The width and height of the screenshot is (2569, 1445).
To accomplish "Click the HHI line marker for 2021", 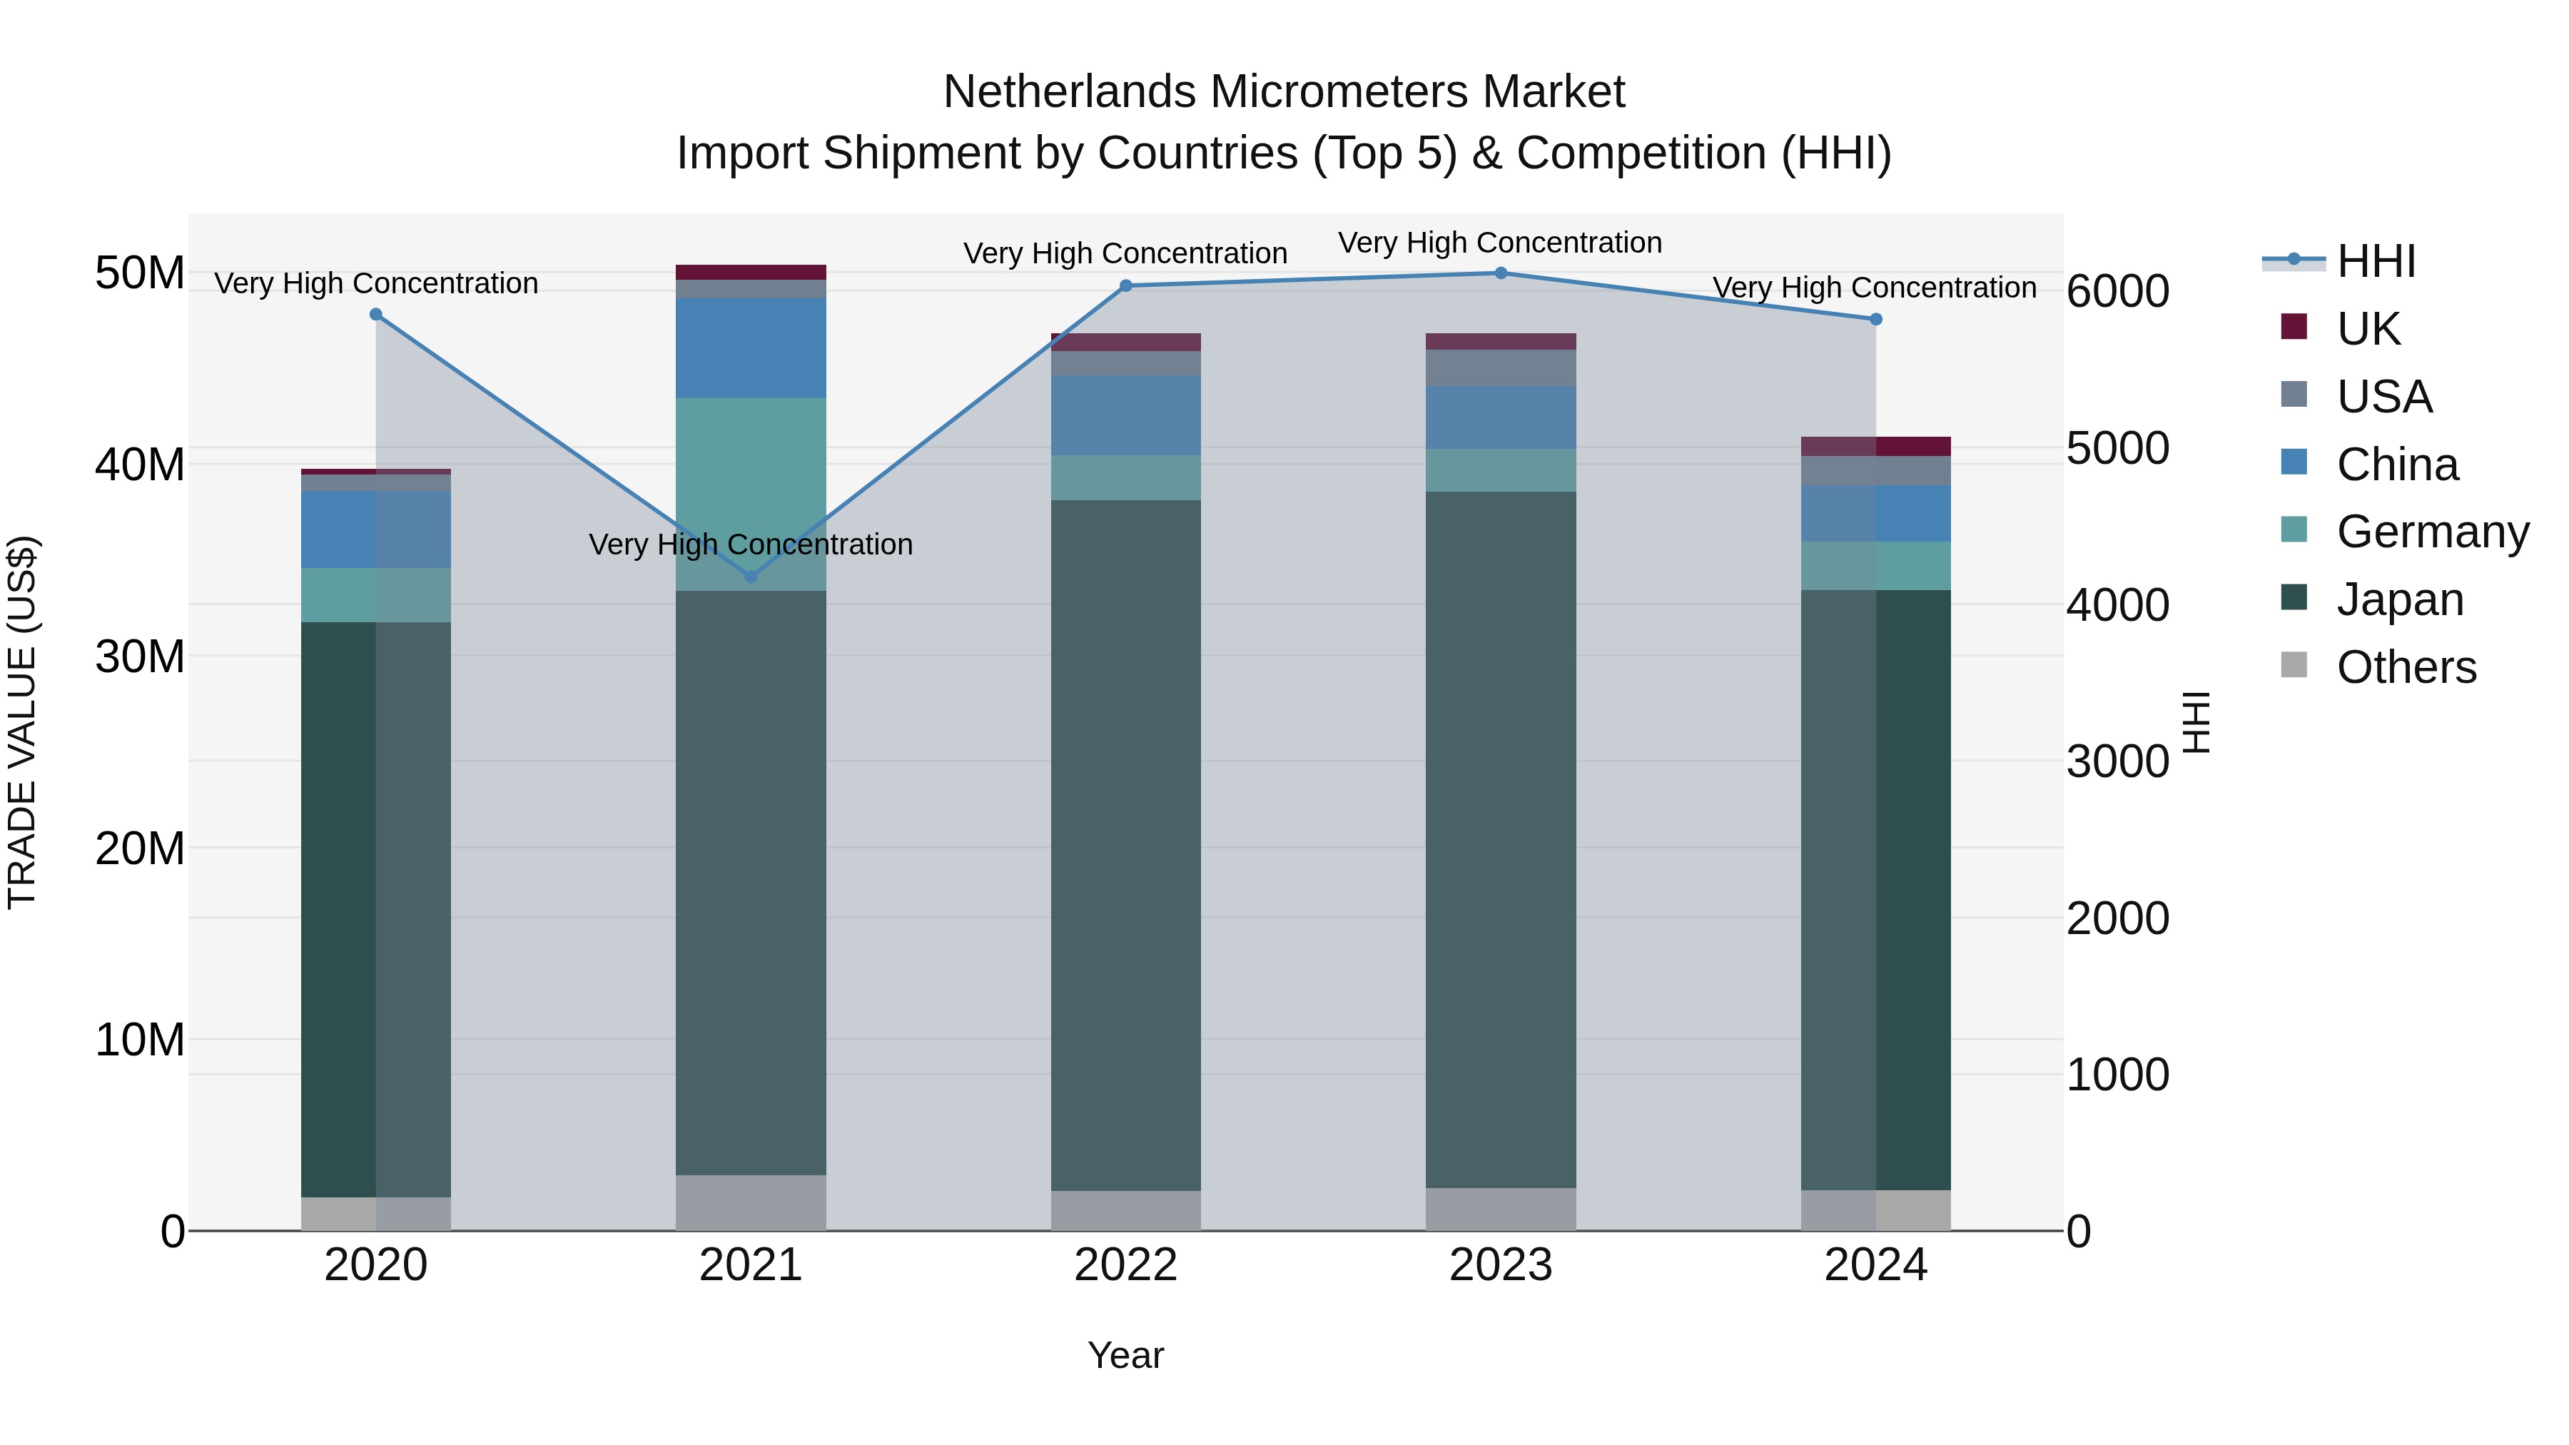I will coord(751,577).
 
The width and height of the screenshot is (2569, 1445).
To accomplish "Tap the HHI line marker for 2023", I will coord(1501,273).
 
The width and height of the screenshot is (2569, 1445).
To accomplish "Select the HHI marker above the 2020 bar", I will coord(376,314).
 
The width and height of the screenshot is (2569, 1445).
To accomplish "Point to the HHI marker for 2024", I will coord(1876,319).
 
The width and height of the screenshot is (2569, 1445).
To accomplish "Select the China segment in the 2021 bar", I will coord(751,348).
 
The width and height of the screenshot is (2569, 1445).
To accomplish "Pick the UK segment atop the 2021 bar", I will coord(751,273).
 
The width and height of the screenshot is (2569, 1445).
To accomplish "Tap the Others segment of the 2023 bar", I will coord(1501,1209).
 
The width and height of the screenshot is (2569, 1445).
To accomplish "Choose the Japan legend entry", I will coord(2399,599).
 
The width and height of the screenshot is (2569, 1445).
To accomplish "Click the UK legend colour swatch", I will coord(2294,327).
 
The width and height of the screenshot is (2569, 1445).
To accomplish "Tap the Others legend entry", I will coord(2406,667).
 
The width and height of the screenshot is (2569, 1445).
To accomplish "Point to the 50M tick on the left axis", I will coord(140,273).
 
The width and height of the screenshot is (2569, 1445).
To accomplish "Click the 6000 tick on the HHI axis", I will coord(2117,291).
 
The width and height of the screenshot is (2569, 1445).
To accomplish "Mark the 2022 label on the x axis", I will coord(1126,1265).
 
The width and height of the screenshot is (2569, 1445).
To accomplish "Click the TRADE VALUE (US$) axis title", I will coord(22,722).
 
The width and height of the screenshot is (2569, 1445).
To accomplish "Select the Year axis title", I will coord(1126,1355).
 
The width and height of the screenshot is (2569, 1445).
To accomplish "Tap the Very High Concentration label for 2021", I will coord(751,544).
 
